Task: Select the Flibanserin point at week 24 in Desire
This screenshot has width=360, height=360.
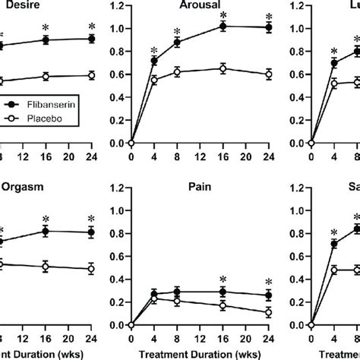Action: coord(91,39)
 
